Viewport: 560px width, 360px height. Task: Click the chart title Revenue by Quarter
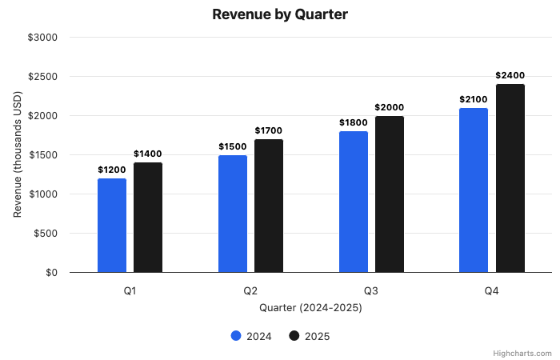280,14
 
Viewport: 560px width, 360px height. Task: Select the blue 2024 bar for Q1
112,226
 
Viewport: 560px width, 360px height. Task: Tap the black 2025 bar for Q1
148,218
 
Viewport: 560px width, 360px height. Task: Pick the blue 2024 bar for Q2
233,214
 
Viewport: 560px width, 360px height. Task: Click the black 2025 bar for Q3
390,194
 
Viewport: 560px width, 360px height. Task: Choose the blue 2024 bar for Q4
474,190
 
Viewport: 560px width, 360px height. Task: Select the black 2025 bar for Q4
510,178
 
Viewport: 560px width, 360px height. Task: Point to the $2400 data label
510,76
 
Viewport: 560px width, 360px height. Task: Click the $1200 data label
112,170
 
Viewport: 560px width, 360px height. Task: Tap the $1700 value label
269,130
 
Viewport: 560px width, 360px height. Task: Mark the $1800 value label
353,122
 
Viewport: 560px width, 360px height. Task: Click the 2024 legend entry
251,336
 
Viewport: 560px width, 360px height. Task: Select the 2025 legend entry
309,336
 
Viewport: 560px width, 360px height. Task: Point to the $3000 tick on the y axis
42,38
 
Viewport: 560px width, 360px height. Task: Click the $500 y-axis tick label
45,234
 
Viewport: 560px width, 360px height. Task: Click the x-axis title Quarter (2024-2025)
310,307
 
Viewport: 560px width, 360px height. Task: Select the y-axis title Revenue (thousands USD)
18,155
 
